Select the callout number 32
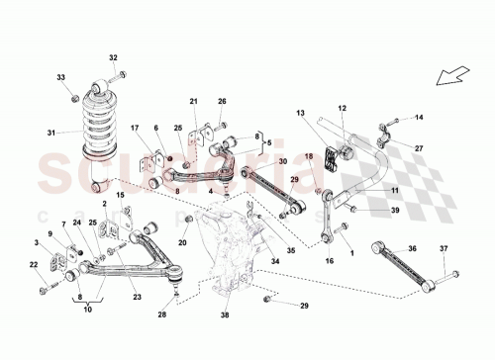[113, 57]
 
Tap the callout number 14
[418, 118]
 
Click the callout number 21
[194, 102]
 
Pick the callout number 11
[394, 189]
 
